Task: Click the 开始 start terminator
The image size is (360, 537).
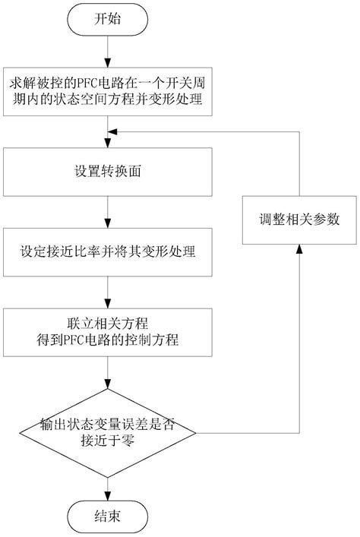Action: click(108, 20)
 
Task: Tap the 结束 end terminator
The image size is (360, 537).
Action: click(108, 516)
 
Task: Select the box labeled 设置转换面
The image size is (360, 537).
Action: click(108, 172)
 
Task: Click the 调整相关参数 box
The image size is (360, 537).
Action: click(299, 220)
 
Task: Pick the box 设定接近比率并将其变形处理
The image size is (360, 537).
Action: click(108, 252)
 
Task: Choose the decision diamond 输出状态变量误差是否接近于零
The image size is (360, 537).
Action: click(108, 433)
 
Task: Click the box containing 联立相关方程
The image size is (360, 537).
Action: click(108, 332)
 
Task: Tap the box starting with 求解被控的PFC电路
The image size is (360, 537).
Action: click(108, 91)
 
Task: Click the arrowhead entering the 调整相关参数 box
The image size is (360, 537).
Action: click(299, 249)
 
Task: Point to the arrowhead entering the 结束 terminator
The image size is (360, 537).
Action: click(108, 496)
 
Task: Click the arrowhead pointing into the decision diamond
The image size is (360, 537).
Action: click(108, 384)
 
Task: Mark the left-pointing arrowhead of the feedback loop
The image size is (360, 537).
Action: click(112, 131)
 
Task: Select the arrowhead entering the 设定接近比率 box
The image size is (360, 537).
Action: click(108, 223)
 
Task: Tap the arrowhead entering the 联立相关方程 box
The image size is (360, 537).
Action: click(108, 303)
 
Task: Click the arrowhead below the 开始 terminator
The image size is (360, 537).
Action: click(108, 63)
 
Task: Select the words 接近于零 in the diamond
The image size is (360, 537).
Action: click(108, 440)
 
